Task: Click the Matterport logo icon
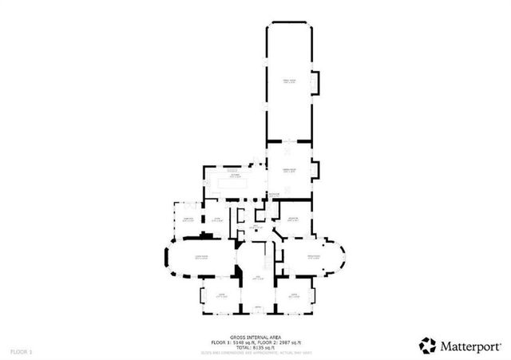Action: [x=428, y=345]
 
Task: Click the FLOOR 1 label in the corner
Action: [x=22, y=351]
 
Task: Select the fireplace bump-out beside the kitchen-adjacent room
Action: [x=317, y=169]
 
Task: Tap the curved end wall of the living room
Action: [x=165, y=257]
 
